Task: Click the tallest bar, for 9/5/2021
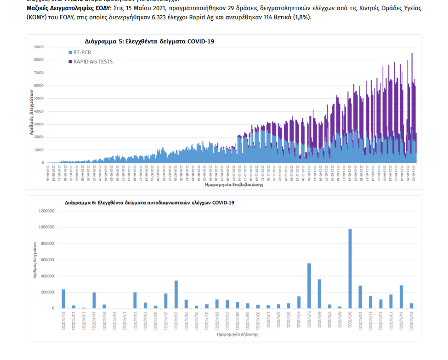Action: point(350,269)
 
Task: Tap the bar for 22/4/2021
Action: point(176,294)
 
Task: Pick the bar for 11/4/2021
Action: point(63,299)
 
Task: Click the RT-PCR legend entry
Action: point(82,52)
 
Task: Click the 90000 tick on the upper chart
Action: point(39,47)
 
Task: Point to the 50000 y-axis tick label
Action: point(39,98)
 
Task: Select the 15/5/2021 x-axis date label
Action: point(412,320)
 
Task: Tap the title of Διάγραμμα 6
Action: point(150,202)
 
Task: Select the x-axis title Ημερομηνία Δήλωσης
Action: point(237,334)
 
